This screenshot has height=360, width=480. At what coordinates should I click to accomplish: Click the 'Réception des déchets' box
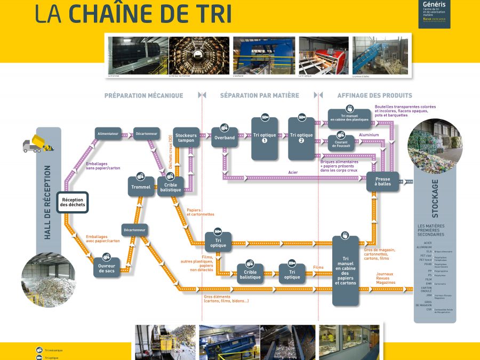point(71,202)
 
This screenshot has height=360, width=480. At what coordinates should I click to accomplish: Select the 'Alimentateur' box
point(108,133)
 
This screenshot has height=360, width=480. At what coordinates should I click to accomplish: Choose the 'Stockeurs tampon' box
point(186,137)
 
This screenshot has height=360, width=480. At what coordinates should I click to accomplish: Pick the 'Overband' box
point(225,137)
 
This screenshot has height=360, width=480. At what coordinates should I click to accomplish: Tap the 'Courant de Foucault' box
point(341,142)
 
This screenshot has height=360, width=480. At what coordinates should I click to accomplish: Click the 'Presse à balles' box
point(382,182)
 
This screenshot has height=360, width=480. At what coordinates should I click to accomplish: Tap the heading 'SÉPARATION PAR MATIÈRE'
point(259,95)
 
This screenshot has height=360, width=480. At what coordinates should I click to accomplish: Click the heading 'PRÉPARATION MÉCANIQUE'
point(143,95)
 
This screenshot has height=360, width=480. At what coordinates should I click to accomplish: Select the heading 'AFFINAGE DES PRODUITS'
point(374,95)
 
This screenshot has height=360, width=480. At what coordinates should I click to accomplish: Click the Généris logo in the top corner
point(435,13)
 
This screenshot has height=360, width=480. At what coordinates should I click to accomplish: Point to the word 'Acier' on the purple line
point(293,172)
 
